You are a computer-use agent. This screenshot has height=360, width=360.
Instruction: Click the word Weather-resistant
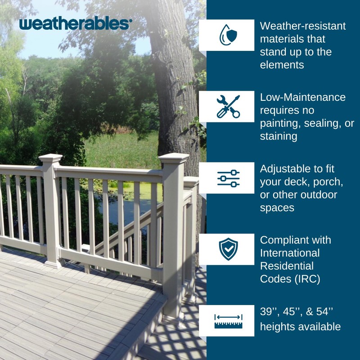(302, 26)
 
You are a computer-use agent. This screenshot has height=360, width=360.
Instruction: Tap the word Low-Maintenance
(302, 97)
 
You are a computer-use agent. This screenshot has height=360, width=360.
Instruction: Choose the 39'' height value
(269, 312)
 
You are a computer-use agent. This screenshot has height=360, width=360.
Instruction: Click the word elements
(282, 65)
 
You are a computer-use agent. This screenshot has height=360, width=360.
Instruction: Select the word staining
(278, 136)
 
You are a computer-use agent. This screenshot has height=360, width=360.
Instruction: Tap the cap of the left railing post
(50, 158)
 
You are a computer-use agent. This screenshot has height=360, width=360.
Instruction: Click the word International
(290, 253)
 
